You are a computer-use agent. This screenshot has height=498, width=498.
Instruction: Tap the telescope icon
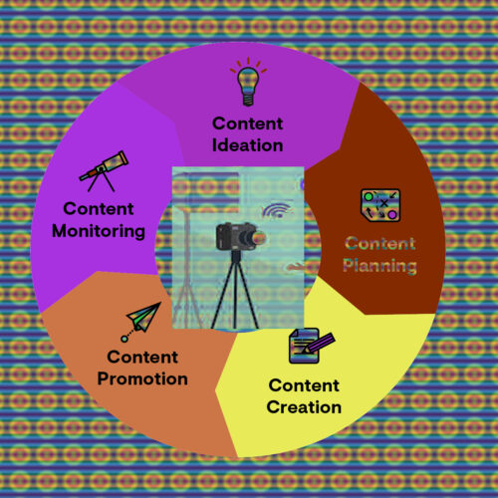104,171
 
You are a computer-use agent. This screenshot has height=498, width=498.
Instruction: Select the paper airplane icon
141,322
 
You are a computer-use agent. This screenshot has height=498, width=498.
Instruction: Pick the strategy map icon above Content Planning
380,205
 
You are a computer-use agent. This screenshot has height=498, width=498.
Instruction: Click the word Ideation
248,145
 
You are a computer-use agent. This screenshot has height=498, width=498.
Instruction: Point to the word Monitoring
99,231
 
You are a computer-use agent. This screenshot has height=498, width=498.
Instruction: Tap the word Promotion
142,378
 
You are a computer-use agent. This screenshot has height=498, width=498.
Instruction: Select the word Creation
304,407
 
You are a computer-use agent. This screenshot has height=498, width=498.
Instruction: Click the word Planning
379,266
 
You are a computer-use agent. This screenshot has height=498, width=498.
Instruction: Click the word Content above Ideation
248,124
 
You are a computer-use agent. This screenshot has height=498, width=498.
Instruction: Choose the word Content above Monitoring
99,209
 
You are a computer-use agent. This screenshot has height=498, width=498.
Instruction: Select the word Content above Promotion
142,358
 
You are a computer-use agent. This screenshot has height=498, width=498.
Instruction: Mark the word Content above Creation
304,385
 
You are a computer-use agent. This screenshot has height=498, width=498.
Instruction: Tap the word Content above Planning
380,244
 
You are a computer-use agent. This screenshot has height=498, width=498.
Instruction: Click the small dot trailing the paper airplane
124,339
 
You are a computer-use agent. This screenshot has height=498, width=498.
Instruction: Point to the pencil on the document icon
320,343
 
